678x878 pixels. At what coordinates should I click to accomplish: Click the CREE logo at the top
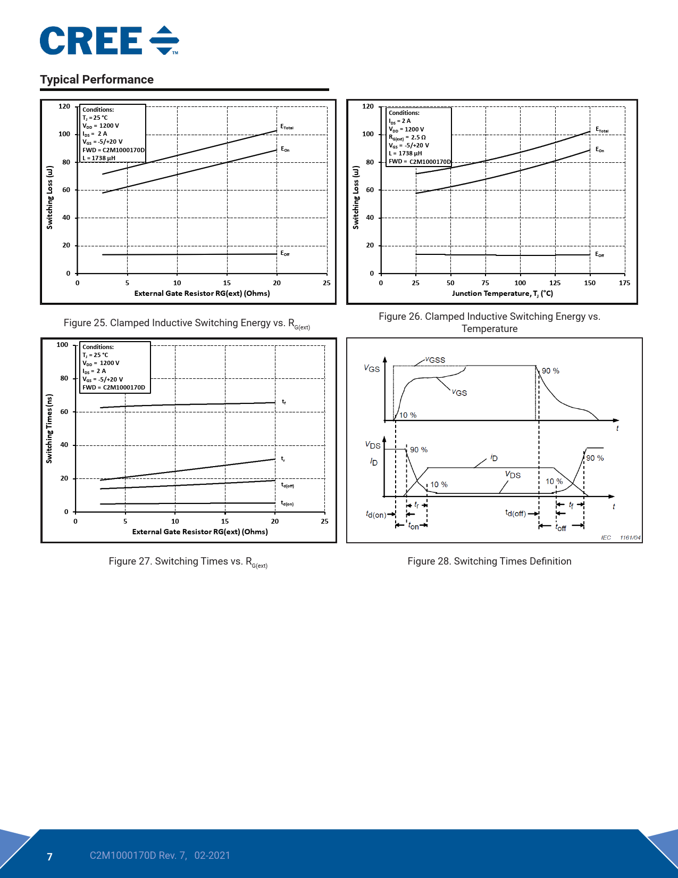point(109,41)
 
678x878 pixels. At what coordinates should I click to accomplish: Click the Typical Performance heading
point(97,80)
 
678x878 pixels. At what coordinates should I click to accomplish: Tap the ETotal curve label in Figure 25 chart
point(287,127)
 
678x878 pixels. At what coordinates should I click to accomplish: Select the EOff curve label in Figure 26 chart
point(599,255)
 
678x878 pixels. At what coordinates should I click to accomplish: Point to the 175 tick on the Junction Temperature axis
point(624,283)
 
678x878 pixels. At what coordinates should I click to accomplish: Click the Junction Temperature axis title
point(502,294)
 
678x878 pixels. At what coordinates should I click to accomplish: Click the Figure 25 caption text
point(187,324)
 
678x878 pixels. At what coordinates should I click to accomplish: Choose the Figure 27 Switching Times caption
point(188,562)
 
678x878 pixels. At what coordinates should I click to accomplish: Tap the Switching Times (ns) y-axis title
point(49,428)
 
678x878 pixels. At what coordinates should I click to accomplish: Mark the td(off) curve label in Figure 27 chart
point(287,485)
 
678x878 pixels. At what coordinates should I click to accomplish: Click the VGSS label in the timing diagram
point(436,360)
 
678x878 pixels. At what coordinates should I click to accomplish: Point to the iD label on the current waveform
point(494,458)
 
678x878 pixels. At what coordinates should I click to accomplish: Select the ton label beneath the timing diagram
point(413,526)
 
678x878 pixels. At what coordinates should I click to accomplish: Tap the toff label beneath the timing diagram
point(561,528)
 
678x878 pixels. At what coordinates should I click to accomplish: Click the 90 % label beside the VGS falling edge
point(550,371)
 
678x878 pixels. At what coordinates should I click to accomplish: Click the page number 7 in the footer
point(50,857)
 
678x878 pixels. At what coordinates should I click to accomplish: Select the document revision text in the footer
point(160,856)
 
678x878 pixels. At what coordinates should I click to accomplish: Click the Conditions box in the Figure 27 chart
point(115,367)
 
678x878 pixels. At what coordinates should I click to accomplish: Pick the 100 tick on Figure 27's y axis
point(62,345)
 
